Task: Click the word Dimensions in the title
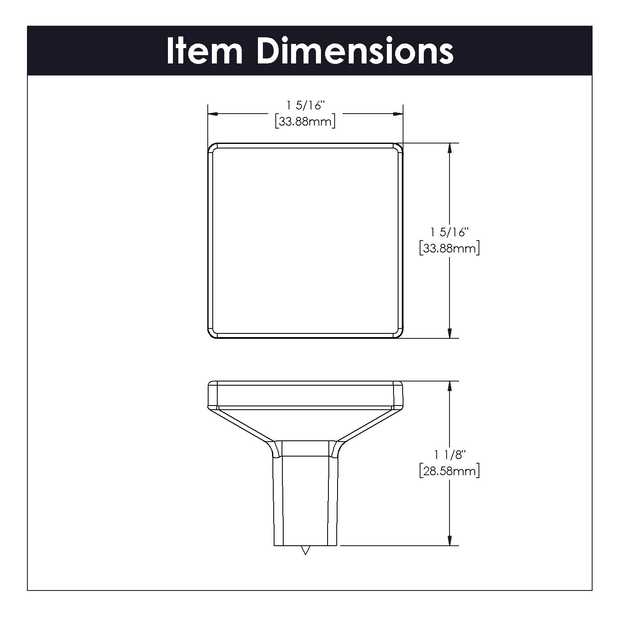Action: [x=355, y=51]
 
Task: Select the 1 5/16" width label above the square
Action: [x=305, y=106]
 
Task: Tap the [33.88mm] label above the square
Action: [x=305, y=122]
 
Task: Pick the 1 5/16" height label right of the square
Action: [x=449, y=232]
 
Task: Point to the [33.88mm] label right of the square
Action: [x=449, y=248]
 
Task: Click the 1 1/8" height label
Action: [x=449, y=455]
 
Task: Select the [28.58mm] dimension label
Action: [x=449, y=471]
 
